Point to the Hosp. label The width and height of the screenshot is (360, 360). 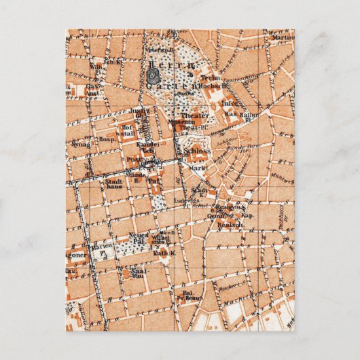(x=106, y=139)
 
